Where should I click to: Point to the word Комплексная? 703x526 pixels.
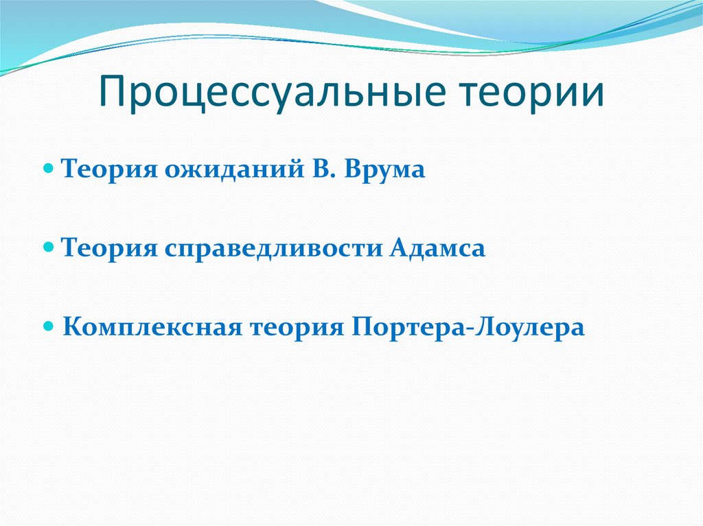pos(152,328)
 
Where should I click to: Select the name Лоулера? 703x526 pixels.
pos(528,328)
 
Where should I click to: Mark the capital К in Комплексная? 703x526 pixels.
pos(71,327)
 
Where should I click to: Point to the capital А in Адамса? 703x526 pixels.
pos(401,248)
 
